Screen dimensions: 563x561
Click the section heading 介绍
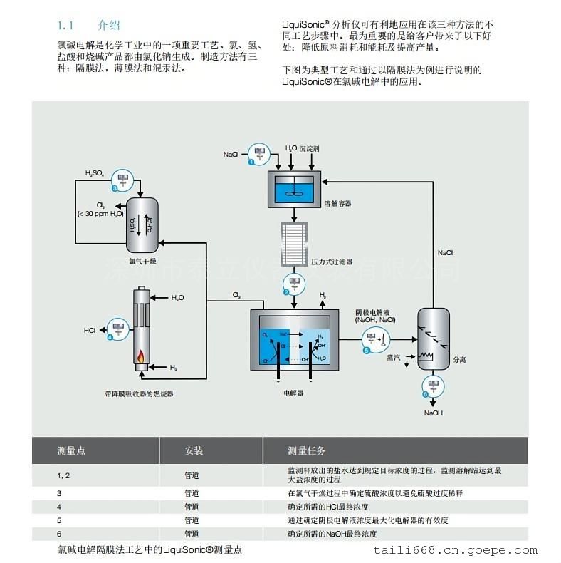[x=109, y=25]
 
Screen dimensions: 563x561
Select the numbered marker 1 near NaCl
[x=251, y=162]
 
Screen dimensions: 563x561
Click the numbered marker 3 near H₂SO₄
[x=115, y=188]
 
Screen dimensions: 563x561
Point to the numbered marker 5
[x=367, y=351]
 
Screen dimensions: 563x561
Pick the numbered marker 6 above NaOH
[x=425, y=394]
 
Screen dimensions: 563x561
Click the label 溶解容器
[x=337, y=203]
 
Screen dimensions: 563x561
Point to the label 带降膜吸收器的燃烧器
[x=138, y=393]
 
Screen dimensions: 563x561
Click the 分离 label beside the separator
[x=460, y=360]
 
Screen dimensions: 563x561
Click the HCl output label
[x=90, y=330]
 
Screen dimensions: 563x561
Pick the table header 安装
[x=194, y=450]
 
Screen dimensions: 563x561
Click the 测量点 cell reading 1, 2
[x=64, y=475]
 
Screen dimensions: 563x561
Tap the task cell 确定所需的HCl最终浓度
[x=327, y=507]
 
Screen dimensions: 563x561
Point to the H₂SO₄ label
[x=94, y=172]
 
